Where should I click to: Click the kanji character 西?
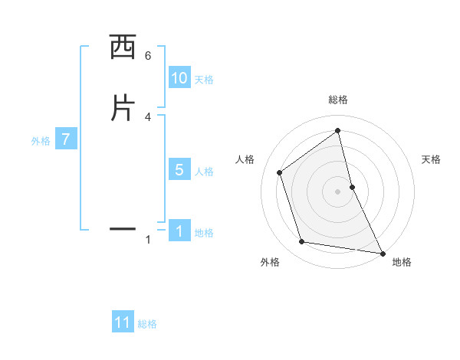(123, 48)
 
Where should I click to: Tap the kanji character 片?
(123, 108)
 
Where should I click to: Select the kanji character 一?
(123, 228)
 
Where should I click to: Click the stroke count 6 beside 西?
(148, 56)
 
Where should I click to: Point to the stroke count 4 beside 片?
(148, 116)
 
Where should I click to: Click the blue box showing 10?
(179, 78)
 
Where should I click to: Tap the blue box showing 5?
(179, 170)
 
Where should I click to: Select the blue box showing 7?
(66, 139)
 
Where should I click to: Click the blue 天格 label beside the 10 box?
(204, 80)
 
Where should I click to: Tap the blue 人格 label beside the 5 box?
(204, 172)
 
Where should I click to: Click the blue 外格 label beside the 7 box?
(41, 141)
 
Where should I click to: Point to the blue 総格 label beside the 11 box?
(147, 324)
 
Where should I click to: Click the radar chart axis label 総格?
(338, 100)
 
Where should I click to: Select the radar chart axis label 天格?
(431, 159)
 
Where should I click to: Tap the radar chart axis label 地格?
(402, 262)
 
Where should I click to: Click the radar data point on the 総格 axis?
(338, 131)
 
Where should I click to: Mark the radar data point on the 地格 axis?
(383, 253)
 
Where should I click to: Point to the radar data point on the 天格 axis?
(352, 186)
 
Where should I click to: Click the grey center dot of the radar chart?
(338, 191)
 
